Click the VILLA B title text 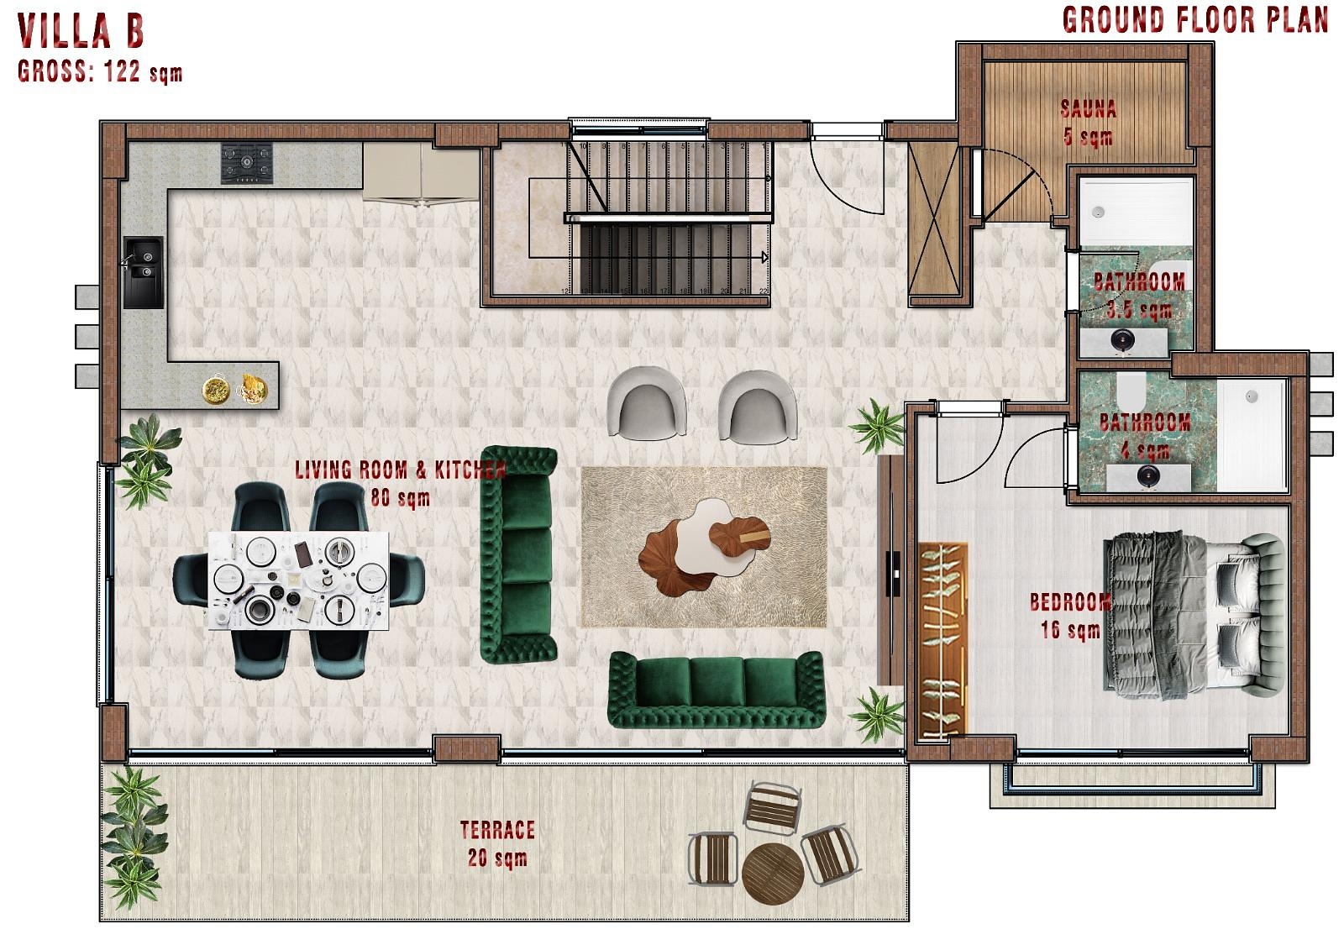click(x=81, y=31)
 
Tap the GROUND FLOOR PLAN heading click(x=1194, y=20)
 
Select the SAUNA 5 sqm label click(x=1088, y=123)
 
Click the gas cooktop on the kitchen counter click(x=248, y=163)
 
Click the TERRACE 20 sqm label click(x=497, y=843)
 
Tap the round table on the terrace click(x=773, y=873)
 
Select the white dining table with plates click(x=301, y=580)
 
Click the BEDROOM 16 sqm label click(x=1070, y=615)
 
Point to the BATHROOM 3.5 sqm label click(x=1139, y=296)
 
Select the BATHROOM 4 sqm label click(x=1144, y=434)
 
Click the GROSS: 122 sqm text click(x=99, y=72)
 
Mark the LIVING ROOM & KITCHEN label click(x=400, y=481)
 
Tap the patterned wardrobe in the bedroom click(x=943, y=643)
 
